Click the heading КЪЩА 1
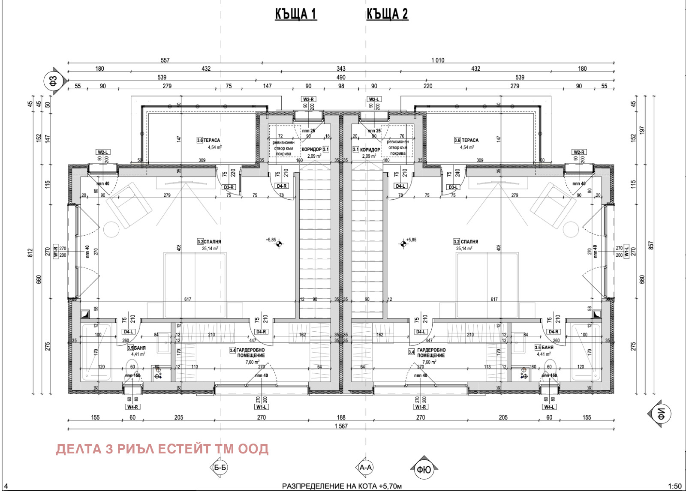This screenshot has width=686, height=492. pyautogui.click(x=296, y=14)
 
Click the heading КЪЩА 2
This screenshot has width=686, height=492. pyautogui.click(x=387, y=14)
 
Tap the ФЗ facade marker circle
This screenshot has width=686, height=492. pyautogui.click(x=54, y=80)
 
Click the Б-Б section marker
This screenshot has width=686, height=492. pyautogui.click(x=220, y=468)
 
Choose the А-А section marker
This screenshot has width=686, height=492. pyautogui.click(x=365, y=468)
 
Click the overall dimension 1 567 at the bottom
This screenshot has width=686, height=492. pyautogui.click(x=341, y=426)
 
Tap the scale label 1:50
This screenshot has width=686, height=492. pyautogui.click(x=674, y=486)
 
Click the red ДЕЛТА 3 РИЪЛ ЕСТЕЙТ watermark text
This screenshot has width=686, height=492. pyautogui.click(x=162, y=449)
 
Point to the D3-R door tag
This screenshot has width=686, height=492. pyautogui.click(x=229, y=187)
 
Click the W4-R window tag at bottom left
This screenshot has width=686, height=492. pyautogui.click(x=132, y=407)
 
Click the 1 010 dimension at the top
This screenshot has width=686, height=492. pyautogui.click(x=438, y=60)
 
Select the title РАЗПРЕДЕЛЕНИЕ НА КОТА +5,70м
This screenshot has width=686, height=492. pyautogui.click(x=342, y=486)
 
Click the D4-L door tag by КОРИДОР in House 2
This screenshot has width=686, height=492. pyautogui.click(x=400, y=186)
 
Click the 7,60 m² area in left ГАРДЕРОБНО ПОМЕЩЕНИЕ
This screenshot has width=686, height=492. pyautogui.click(x=253, y=362)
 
